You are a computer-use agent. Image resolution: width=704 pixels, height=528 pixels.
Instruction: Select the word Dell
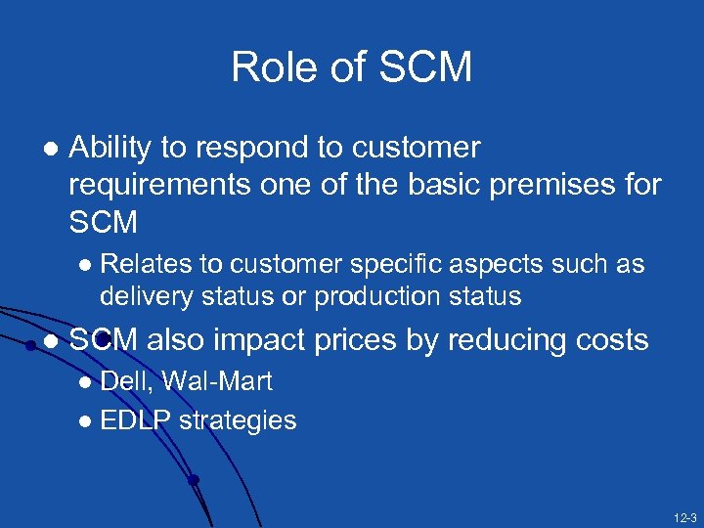click(x=124, y=381)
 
